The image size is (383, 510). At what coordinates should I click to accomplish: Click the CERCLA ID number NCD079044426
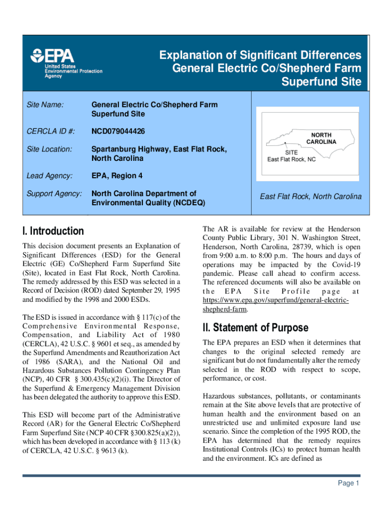click(118, 131)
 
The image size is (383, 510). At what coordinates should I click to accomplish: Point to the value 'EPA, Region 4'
click(115, 175)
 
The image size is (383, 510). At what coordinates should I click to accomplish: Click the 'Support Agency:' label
click(54, 193)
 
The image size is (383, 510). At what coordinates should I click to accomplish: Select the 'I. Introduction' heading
click(53, 231)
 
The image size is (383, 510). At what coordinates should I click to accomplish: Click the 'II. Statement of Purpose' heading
click(256, 328)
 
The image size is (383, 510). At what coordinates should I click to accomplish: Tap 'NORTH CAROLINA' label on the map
click(321, 138)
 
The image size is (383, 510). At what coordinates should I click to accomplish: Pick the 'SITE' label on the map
click(291, 152)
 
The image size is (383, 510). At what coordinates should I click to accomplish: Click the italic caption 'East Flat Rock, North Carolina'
click(311, 197)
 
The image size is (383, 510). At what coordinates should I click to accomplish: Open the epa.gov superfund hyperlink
click(276, 305)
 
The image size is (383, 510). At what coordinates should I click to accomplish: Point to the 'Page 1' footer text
click(346, 483)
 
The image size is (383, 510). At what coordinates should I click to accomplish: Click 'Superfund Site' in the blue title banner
click(321, 82)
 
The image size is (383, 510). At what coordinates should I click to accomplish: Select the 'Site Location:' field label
click(49, 149)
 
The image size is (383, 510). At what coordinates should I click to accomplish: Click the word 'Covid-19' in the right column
click(345, 264)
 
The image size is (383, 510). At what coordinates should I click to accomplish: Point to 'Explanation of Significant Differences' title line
click(260, 55)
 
